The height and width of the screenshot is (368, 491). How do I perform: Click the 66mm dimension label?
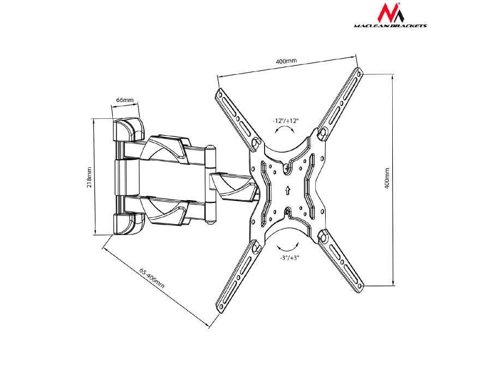click(x=124, y=100)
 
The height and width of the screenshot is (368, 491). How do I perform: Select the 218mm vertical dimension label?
click(x=89, y=177)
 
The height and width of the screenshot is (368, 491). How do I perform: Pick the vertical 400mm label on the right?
click(x=387, y=178)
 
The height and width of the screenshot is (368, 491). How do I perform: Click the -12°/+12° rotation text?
click(x=286, y=121)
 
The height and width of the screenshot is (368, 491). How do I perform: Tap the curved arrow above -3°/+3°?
click(x=287, y=244)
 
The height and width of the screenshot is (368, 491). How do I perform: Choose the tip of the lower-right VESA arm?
click(x=360, y=287)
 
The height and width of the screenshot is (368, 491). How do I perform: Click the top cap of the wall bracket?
click(x=127, y=129)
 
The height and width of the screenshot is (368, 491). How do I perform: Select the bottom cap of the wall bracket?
click(x=127, y=223)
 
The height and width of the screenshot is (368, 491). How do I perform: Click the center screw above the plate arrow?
click(x=288, y=169)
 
